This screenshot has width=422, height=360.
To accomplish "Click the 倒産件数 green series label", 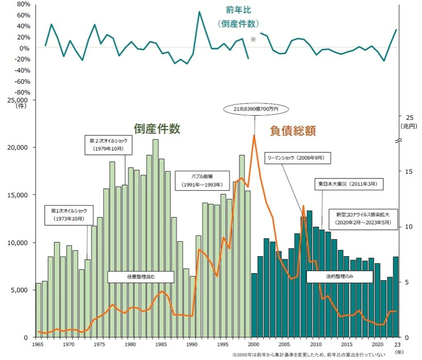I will [x=157, y=129].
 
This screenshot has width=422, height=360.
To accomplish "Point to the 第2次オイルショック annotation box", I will [x=108, y=145].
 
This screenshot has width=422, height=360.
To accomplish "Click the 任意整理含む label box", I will [x=140, y=277].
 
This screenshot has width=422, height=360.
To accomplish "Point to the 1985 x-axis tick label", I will [x=162, y=345].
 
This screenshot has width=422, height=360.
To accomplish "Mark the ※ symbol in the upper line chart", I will [x=253, y=40].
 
